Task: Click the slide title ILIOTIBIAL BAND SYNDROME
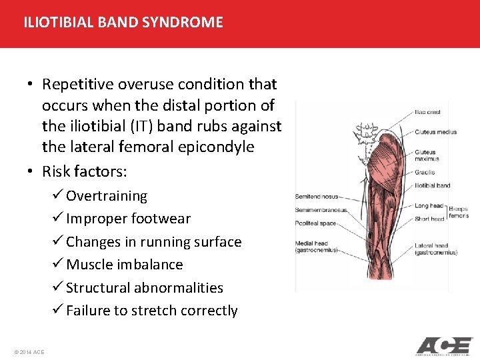coord(123,22)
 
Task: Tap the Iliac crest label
coord(427,112)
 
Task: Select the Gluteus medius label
coord(435,132)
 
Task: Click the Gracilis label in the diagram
coord(425,172)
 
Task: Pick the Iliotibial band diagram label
coord(432,185)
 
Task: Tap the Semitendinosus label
coord(317,197)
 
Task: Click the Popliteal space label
coord(316,223)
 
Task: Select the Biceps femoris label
coord(459,211)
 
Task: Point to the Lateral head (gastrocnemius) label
coord(436,249)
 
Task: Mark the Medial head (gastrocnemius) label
coord(317,247)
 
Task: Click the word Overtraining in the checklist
coord(107,196)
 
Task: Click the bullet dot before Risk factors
coord(31,172)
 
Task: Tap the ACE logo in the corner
coord(443,346)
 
